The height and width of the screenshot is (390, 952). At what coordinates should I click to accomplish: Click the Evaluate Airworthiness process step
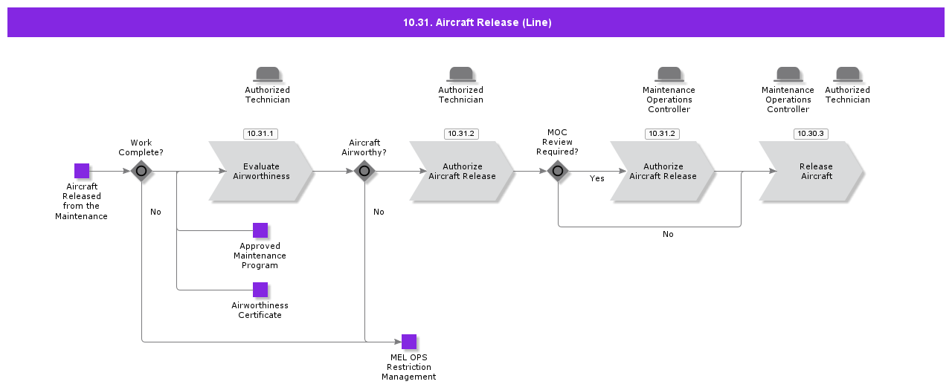coord(261,171)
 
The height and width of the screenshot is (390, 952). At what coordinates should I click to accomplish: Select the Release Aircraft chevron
coord(811,171)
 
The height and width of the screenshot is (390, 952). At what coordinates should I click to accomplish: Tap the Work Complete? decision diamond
coord(141,171)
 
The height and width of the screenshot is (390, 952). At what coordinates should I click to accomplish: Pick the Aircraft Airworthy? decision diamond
coord(364,171)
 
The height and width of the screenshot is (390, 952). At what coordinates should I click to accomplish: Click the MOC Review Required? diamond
coord(558,171)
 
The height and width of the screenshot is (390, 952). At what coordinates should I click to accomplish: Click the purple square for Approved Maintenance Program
coord(260,230)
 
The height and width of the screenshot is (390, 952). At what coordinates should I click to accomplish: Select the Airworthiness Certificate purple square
coord(260,290)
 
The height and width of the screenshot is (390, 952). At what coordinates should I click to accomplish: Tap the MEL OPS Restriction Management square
coord(409,342)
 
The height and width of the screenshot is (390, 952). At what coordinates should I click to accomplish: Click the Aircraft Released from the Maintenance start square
coord(82,171)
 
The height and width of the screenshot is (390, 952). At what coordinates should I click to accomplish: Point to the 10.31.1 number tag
coord(260,134)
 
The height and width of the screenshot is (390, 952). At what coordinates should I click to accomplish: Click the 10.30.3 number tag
coord(811,134)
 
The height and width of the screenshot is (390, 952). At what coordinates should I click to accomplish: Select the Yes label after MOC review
coord(596,179)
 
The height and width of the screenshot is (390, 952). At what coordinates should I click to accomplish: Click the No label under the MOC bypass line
coord(668,234)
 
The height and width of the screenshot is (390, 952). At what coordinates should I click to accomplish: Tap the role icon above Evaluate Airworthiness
coord(267,74)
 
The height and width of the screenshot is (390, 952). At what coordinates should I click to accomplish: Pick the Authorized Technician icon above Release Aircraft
coord(847,74)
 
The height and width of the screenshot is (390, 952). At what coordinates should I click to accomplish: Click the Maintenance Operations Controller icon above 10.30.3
coord(788,74)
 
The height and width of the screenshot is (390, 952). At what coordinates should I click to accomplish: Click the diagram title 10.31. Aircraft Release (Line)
coord(477,22)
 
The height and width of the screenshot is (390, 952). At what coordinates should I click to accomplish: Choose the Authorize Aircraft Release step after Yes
coord(663,171)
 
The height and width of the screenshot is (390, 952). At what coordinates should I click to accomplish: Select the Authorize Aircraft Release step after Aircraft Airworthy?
coord(462,171)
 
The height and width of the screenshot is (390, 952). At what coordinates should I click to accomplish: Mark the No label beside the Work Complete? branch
coord(155,212)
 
